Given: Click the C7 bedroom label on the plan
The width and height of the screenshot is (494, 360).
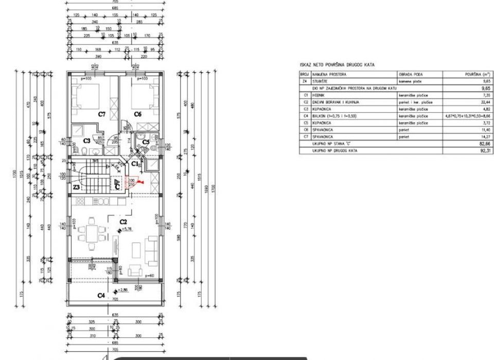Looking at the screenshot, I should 102,114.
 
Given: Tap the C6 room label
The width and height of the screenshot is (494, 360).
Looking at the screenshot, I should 137,114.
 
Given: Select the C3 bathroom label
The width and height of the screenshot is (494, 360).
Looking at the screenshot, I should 87,140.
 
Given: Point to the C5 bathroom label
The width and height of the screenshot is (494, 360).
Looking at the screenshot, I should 146,142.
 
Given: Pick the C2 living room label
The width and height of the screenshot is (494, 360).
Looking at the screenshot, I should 123,222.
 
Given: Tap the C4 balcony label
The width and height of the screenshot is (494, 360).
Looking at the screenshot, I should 101,296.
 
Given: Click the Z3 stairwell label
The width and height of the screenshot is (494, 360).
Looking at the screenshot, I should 76,187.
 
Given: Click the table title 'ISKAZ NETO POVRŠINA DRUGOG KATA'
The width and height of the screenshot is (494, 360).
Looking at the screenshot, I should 337,65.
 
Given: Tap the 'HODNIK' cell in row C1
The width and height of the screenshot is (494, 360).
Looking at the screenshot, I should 318,95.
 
